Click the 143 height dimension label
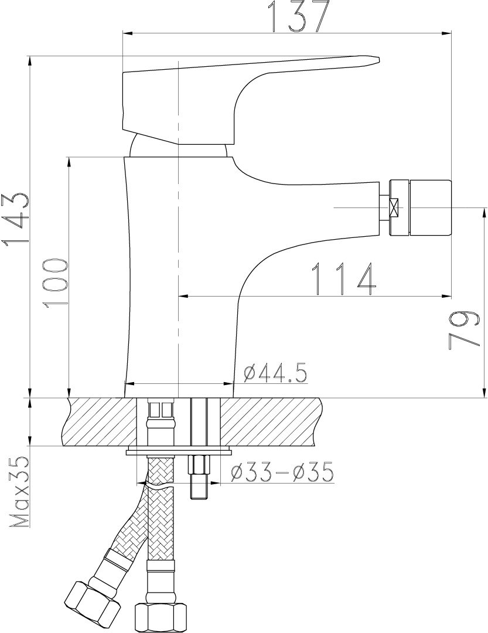(x=15, y=219)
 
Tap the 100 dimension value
(x=55, y=284)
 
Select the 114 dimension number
(x=344, y=278)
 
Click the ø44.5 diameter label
(x=275, y=373)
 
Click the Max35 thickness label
(x=19, y=492)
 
